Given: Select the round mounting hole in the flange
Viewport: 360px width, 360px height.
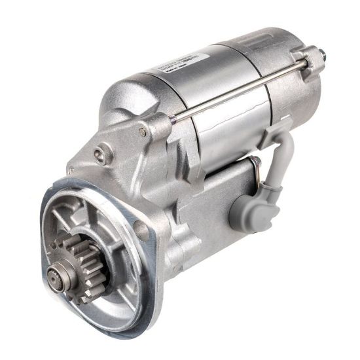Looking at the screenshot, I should pyautogui.click(x=140, y=228).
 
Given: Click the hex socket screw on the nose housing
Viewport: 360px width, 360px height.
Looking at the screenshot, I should pyautogui.click(x=99, y=154).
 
